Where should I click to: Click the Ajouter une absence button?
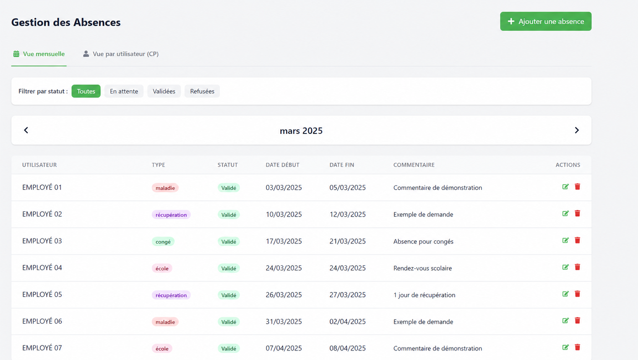tap(546, 21)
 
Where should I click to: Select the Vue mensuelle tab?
tap(39, 54)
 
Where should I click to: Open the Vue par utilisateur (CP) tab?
tap(120, 54)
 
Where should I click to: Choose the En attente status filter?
tap(124, 91)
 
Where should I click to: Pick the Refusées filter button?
tap(202, 91)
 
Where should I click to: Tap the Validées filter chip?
tap(164, 91)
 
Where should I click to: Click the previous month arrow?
tap(26, 130)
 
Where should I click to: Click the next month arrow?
tap(577, 130)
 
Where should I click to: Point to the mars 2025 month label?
tap(301, 131)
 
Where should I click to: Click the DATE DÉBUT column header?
tap(282, 165)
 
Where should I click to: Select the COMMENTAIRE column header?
tap(414, 165)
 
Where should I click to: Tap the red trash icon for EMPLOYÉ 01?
tap(577, 186)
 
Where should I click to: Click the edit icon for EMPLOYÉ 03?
tap(565, 240)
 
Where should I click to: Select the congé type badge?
tap(163, 242)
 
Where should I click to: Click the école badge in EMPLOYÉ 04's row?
tap(162, 268)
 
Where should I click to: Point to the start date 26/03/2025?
tap(284, 295)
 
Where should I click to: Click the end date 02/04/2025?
tap(347, 321)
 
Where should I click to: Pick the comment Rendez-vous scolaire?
tap(422, 268)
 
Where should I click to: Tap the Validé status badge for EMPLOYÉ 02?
tap(229, 215)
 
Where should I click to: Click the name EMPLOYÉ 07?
tap(42, 348)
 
